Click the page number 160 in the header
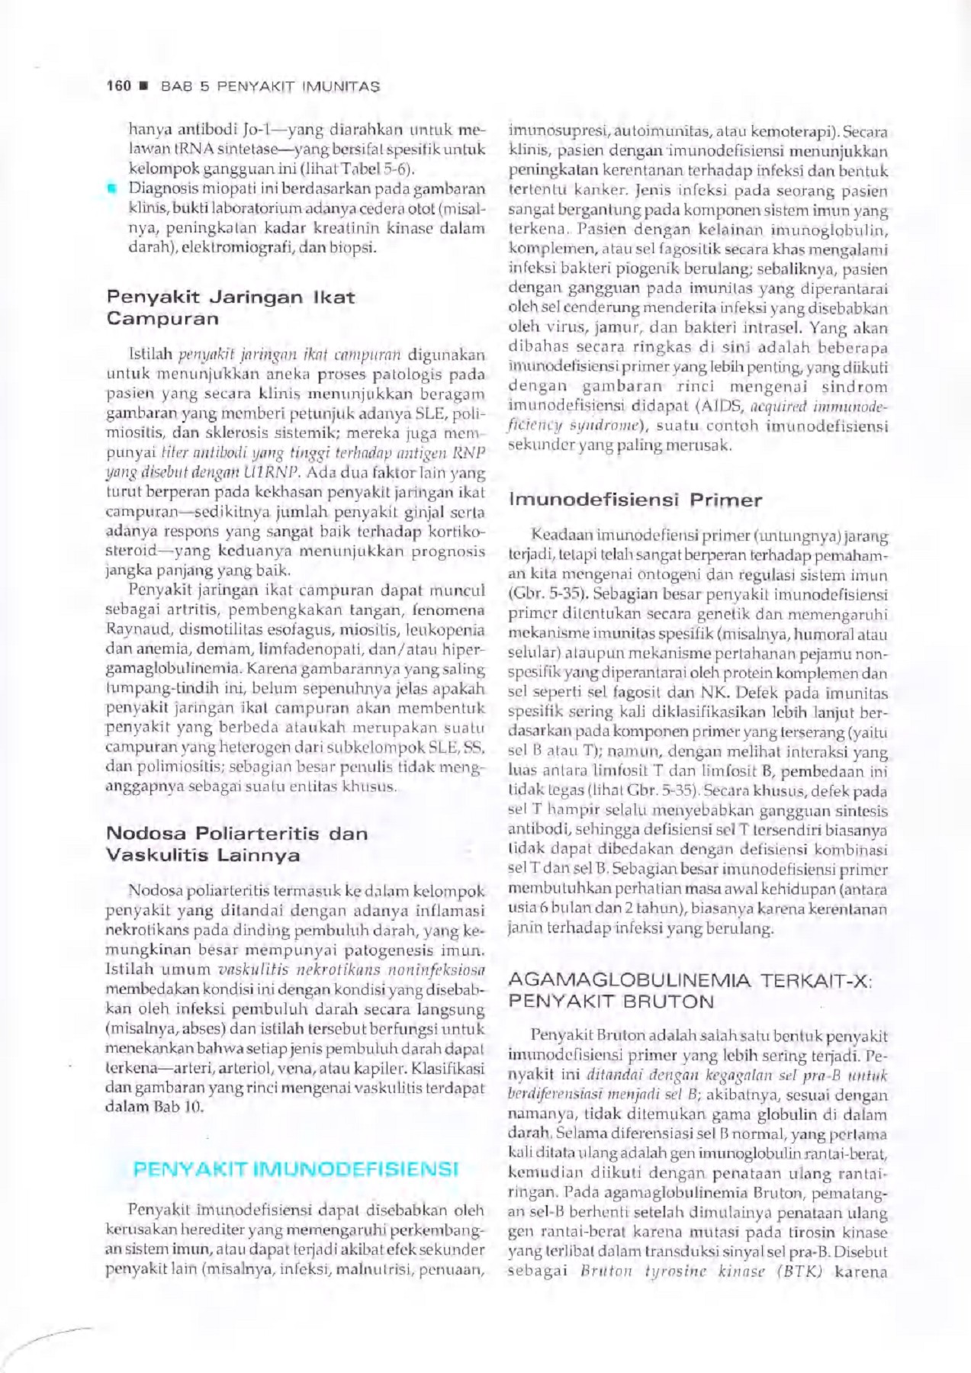tap(118, 86)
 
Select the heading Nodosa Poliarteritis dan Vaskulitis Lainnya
tap(236, 844)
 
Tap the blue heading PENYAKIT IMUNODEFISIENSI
tap(295, 1169)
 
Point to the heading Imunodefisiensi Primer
tap(635, 500)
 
